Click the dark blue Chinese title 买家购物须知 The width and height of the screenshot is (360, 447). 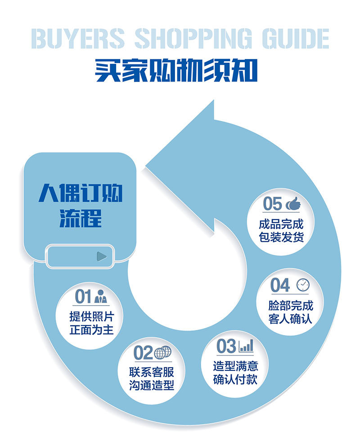pyautogui.click(x=176, y=71)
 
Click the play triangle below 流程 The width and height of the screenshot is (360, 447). pyautogui.click(x=102, y=257)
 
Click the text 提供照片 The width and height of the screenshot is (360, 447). pyautogui.click(x=91, y=316)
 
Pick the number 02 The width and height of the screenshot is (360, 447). pyautogui.click(x=143, y=353)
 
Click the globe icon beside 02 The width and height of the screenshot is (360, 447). pyautogui.click(x=163, y=353)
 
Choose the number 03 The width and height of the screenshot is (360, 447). pyautogui.click(x=226, y=346)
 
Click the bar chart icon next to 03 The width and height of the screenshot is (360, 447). pyautogui.click(x=246, y=346)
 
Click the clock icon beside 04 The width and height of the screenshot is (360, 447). pyautogui.click(x=303, y=285)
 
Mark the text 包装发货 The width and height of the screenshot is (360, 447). pyautogui.click(x=281, y=237)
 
